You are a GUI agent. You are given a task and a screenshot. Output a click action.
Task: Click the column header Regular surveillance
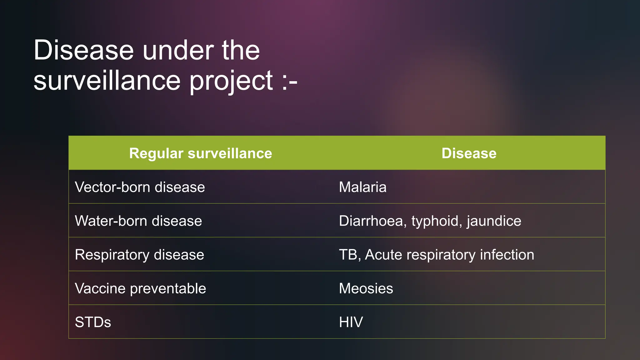tap(201, 153)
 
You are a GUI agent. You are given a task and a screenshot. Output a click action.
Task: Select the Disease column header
tap(469, 153)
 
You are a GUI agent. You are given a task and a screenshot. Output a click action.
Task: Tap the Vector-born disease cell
tap(140, 187)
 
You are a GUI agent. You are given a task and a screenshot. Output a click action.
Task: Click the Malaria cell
tap(362, 187)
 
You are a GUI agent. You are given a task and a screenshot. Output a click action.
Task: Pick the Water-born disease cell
tap(138, 221)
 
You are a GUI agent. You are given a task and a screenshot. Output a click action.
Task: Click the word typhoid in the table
tap(435, 221)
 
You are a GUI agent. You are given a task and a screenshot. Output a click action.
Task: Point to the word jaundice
tap(494, 221)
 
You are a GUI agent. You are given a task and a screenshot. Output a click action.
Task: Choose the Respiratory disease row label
tap(139, 255)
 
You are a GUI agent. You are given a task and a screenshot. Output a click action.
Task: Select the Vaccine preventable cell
tap(140, 288)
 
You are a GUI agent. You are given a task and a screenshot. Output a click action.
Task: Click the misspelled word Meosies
tap(366, 288)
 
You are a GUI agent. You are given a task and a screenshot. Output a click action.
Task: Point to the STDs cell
tap(93, 322)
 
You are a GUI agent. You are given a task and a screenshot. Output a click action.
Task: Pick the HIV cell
tap(351, 322)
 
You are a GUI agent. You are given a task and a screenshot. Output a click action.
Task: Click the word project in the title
tap(231, 81)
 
